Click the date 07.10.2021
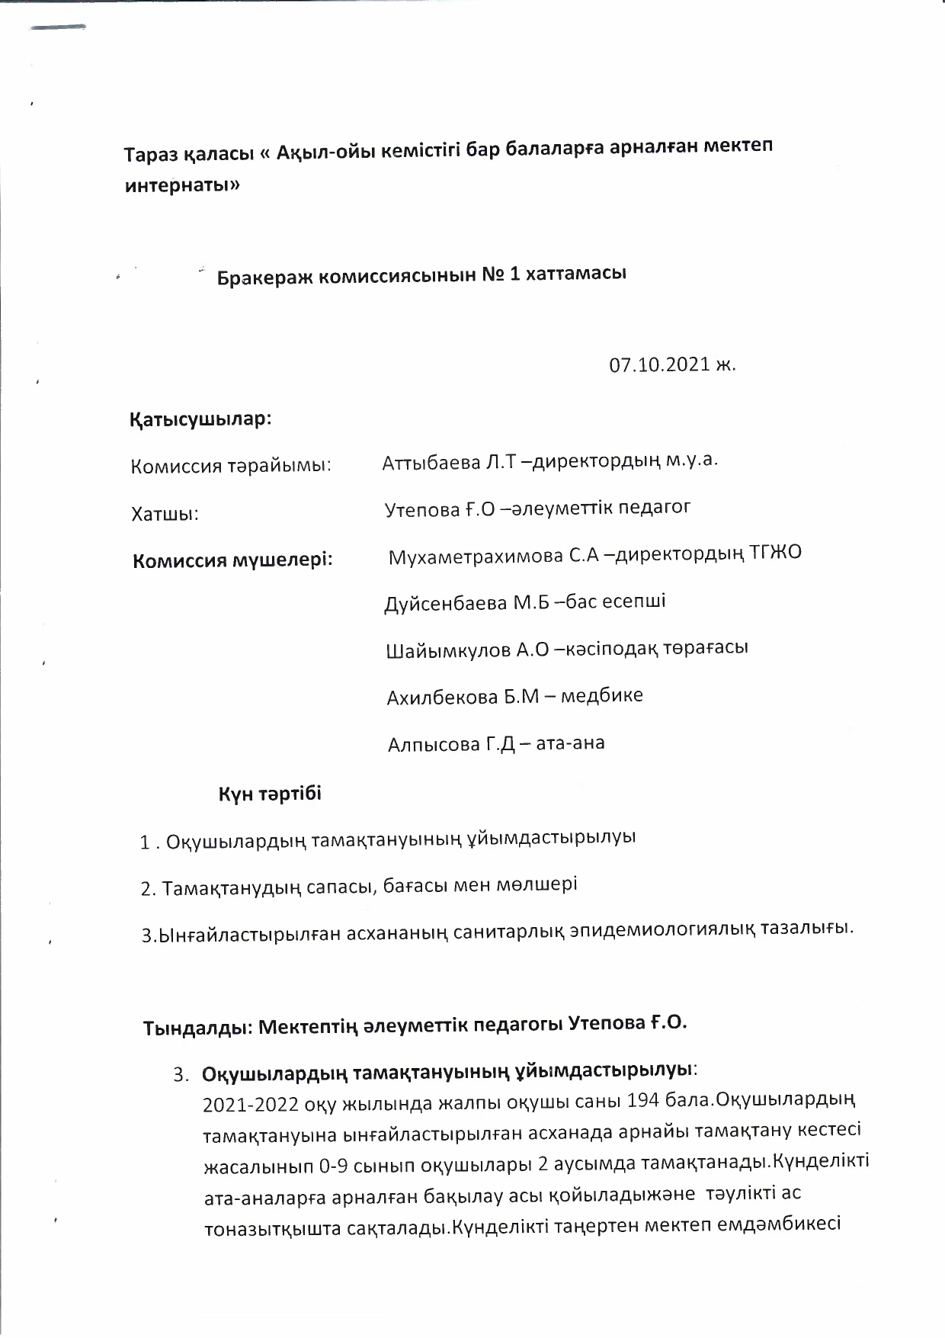pos(658,365)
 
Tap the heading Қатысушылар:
pos(201,419)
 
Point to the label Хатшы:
pos(165,515)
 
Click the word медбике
pos(601,695)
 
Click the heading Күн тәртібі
pos(271,794)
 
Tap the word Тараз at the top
pos(150,153)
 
